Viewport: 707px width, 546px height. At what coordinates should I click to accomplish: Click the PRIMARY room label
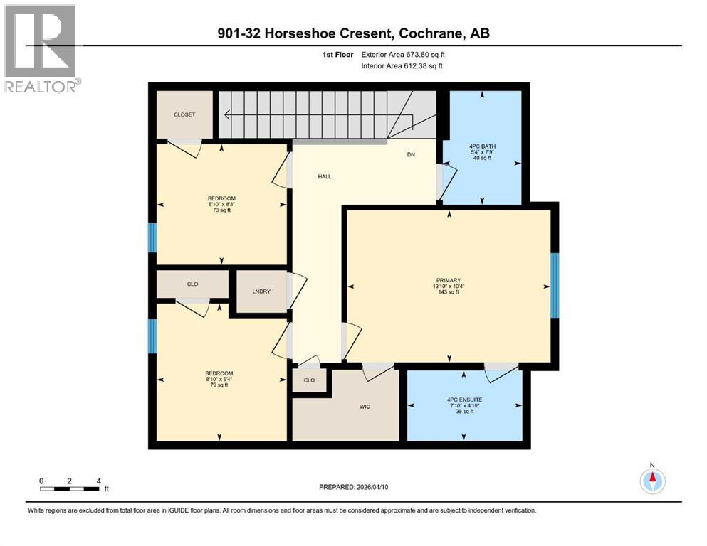coord(449,280)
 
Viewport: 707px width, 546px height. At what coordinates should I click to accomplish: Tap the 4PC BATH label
coord(481,146)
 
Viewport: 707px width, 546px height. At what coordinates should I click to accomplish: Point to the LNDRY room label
coord(261,291)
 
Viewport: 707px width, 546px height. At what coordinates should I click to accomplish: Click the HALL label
coord(325,177)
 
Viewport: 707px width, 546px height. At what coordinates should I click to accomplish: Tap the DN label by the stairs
coord(411,154)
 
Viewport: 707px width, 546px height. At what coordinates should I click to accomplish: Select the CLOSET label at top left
coord(184,114)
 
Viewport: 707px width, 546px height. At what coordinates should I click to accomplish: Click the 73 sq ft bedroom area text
coord(221,210)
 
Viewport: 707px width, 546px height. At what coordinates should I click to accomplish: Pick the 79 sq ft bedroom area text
coord(219,386)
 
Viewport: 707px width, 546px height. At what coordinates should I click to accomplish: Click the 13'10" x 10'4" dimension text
coord(449,287)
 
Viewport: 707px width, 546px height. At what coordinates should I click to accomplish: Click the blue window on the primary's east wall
coord(555,286)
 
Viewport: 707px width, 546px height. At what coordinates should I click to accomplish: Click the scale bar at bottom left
coord(70,488)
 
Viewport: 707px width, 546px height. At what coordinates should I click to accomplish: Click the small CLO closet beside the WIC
coord(309,380)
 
